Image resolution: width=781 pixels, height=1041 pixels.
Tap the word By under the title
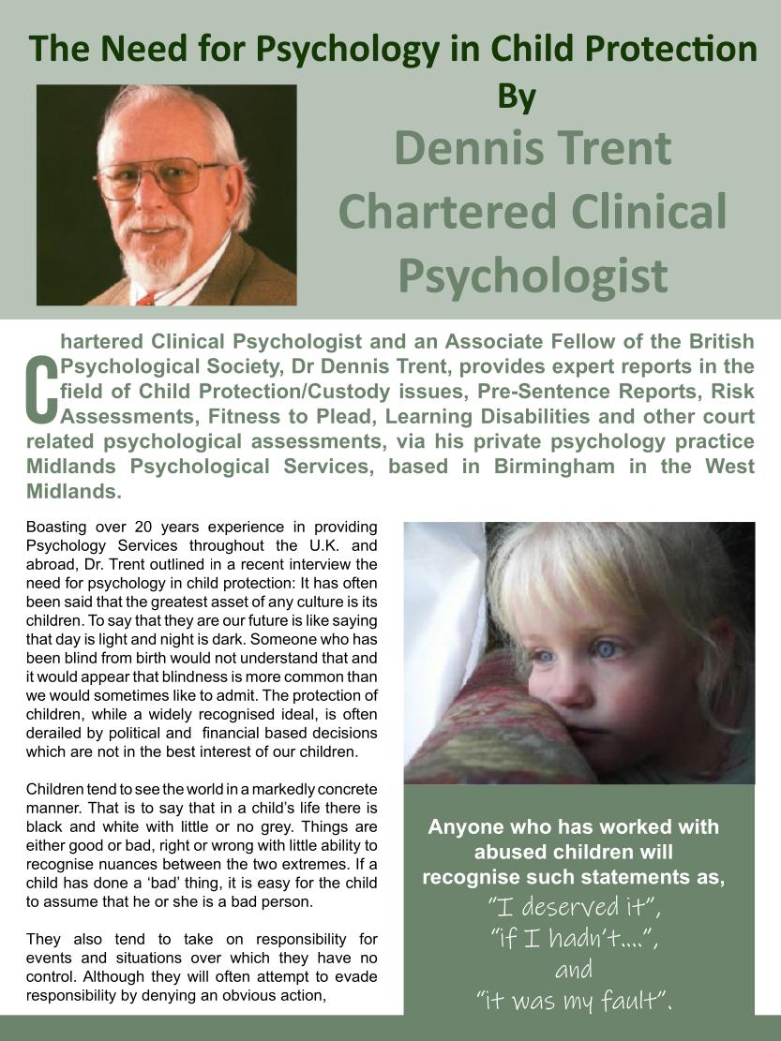[516, 97]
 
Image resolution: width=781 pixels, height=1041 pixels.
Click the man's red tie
[146, 299]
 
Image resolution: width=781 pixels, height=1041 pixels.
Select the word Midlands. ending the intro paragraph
[74, 491]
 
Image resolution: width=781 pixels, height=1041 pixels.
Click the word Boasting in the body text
[56, 527]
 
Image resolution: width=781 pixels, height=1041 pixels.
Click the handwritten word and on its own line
[574, 970]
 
